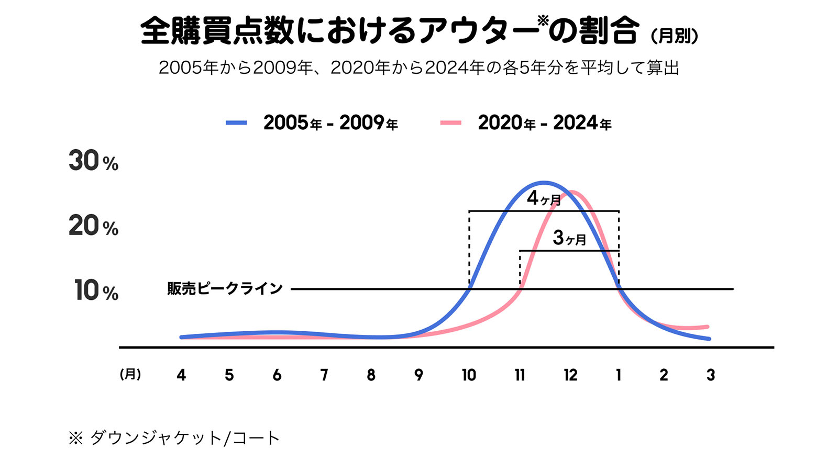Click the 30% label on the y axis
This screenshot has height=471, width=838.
(93, 161)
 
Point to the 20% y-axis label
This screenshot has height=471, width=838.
(93, 226)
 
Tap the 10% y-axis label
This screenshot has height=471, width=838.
(96, 290)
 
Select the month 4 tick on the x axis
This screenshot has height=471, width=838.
(181, 375)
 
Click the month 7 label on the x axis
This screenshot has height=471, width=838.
(324, 375)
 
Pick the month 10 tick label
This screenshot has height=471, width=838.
(469, 375)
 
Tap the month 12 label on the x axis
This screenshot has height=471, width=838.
(570, 375)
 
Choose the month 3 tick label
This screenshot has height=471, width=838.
(711, 375)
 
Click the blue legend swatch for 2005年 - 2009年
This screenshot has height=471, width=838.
(236, 123)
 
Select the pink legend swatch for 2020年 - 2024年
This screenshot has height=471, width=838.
(450, 123)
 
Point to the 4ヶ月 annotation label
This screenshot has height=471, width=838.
(544, 198)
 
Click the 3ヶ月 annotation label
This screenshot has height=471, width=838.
(569, 238)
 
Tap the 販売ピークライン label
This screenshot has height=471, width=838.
(225, 288)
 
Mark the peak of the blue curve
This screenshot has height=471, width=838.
(544, 183)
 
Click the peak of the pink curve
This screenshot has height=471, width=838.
(571, 192)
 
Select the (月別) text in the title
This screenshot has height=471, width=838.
(674, 36)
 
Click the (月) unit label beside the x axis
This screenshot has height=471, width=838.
(130, 374)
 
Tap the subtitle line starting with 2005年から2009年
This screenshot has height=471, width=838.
(418, 68)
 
